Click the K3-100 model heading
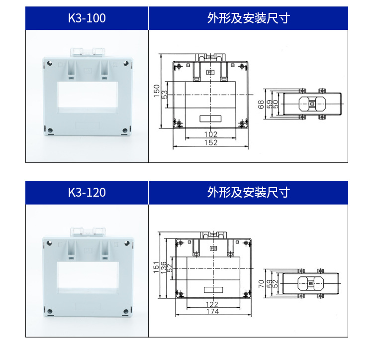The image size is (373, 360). (87, 19)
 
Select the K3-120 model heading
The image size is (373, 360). (87, 192)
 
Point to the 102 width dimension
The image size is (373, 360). (211, 134)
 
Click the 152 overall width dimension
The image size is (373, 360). (211, 143)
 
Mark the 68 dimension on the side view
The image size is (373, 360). (261, 105)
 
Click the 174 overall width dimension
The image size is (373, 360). (212, 312)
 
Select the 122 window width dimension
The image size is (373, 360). (212, 304)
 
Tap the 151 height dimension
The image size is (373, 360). (156, 267)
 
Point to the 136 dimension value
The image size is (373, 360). (164, 269)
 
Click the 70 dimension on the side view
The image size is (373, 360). (262, 283)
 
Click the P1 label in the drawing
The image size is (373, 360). (211, 73)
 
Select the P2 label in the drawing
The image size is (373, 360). (213, 247)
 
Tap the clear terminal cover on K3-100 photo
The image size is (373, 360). (88, 52)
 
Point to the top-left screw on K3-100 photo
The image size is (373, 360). (49, 63)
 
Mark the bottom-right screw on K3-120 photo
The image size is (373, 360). (125, 311)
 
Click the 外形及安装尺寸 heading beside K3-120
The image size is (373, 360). (248, 192)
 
